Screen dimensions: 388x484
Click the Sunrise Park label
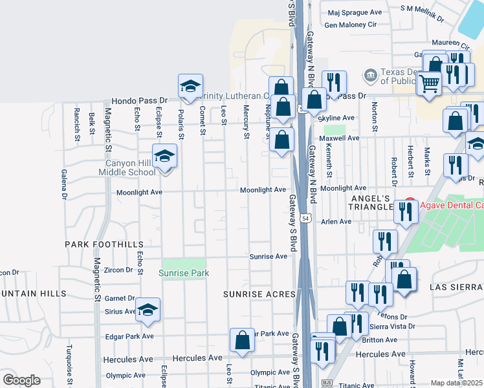pyautogui.click(x=184, y=273)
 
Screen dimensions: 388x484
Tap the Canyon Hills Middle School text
pyautogui.click(x=127, y=167)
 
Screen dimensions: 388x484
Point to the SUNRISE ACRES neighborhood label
pyautogui.click(x=259, y=294)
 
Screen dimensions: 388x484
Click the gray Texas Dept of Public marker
pyautogui.click(x=370, y=76)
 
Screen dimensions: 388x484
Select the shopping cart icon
pyautogui.click(x=428, y=83)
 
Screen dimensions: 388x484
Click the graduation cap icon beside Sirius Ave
pyautogui.click(x=148, y=309)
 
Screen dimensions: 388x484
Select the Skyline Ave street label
pyautogui.click(x=339, y=118)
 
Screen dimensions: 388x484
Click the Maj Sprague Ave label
pyautogui.click(x=355, y=12)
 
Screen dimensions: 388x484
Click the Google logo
pyautogui.click(x=21, y=380)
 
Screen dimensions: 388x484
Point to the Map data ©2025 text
pyautogui.click(x=457, y=383)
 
